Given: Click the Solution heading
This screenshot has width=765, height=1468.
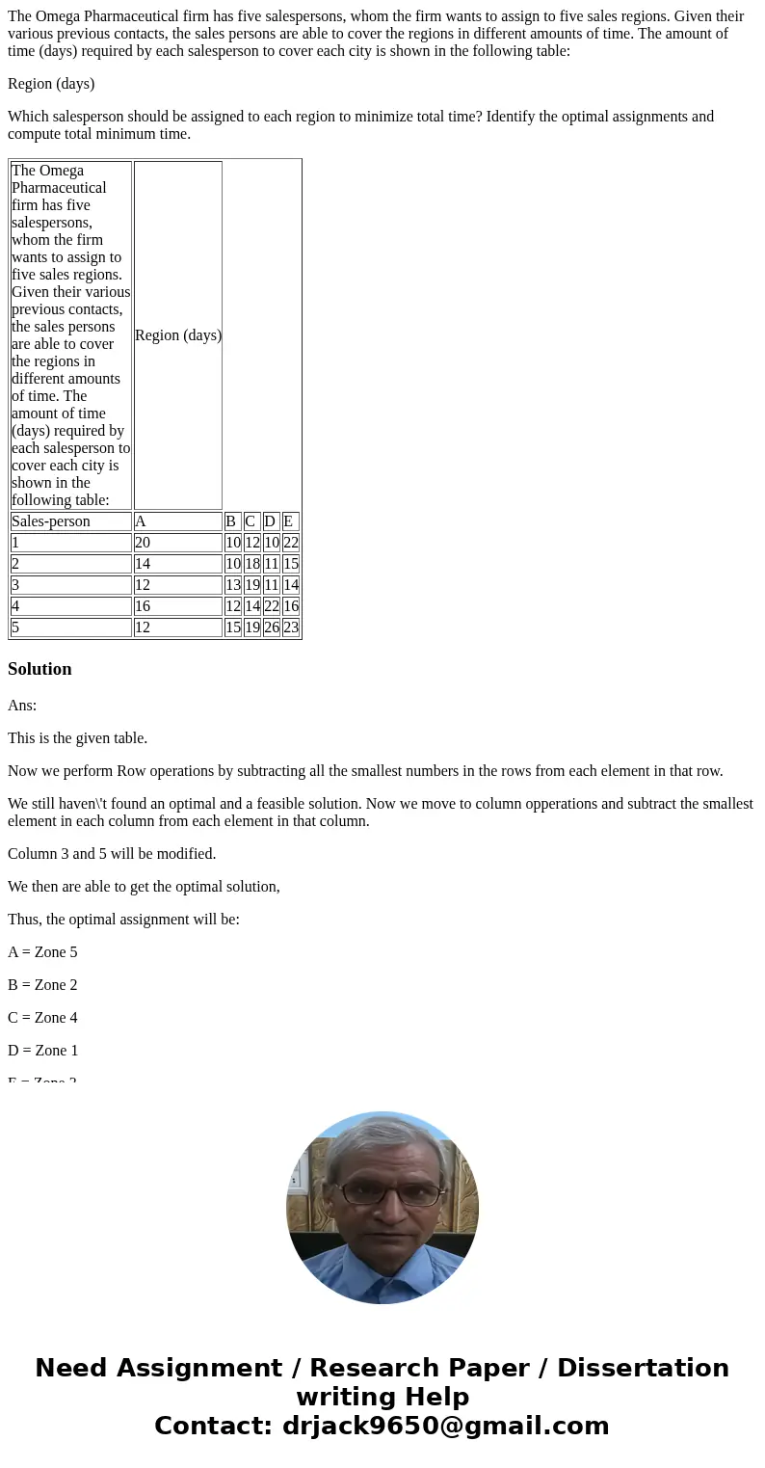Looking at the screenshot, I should pyautogui.click(x=40, y=669).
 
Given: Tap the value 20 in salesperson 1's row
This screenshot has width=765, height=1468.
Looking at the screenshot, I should pyautogui.click(x=143, y=543).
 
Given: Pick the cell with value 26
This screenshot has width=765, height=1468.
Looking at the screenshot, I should pyautogui.click(x=272, y=627).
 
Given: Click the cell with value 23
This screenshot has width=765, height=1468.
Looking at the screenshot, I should pyautogui.click(x=291, y=627).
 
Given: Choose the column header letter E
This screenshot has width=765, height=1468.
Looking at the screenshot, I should pyautogui.click(x=288, y=521).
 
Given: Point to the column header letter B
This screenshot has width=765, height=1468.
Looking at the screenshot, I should pyautogui.click(x=230, y=521).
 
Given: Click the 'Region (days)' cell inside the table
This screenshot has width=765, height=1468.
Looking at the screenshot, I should pyautogui.click(x=178, y=335).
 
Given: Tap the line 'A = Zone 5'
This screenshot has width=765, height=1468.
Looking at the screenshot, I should pyautogui.click(x=42, y=952).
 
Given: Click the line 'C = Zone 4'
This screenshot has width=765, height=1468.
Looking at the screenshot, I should pyautogui.click(x=42, y=1018).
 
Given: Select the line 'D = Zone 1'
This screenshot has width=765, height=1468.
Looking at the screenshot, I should pyautogui.click(x=42, y=1051).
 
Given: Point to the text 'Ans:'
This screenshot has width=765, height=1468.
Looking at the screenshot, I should pyautogui.click(x=22, y=706).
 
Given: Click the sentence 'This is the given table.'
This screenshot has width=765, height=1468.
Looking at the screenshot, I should pyautogui.click(x=78, y=738).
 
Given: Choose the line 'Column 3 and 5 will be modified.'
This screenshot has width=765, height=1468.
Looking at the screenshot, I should pyautogui.click(x=112, y=854).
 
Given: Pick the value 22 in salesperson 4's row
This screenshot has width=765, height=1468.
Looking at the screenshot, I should pyautogui.click(x=272, y=606).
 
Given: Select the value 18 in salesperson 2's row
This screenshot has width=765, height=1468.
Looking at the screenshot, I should pyautogui.click(x=252, y=564).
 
